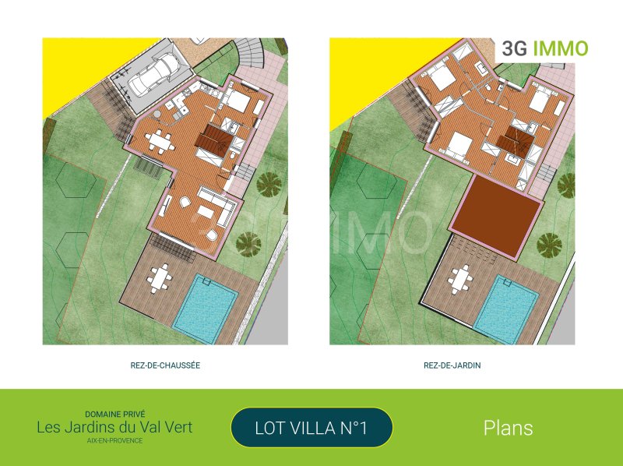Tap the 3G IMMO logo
544,48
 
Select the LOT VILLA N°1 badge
311,428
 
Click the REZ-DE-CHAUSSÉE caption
165,365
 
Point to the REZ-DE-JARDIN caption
452,365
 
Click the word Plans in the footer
509,428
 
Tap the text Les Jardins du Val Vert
114,428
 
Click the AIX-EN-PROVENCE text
114,440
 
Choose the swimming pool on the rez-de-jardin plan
506,309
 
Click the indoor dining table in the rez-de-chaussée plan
160,141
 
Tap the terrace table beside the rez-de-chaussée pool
160,279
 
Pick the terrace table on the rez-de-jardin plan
460,280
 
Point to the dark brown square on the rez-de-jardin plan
497,216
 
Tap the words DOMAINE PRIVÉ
114,414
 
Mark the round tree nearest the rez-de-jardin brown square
549,244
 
